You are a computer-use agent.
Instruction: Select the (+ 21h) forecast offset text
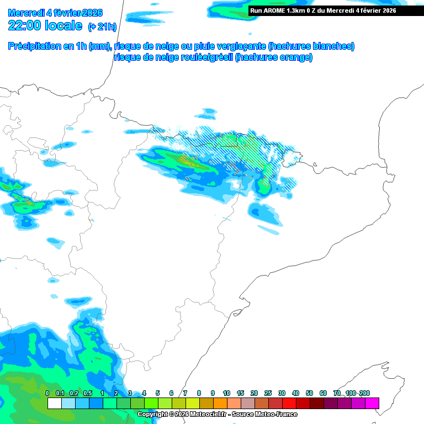(104, 26)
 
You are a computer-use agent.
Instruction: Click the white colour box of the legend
(55, 404)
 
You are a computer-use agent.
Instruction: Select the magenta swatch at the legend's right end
(372, 404)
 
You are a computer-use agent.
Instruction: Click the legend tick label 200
(364, 393)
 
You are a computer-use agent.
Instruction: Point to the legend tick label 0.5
(88, 393)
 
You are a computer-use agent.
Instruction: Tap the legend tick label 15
(240, 393)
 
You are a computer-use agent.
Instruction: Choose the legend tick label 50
(309, 393)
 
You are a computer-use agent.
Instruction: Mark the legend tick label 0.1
(61, 393)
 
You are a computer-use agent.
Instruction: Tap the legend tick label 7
(185, 393)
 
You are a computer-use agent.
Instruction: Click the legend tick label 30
(282, 393)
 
